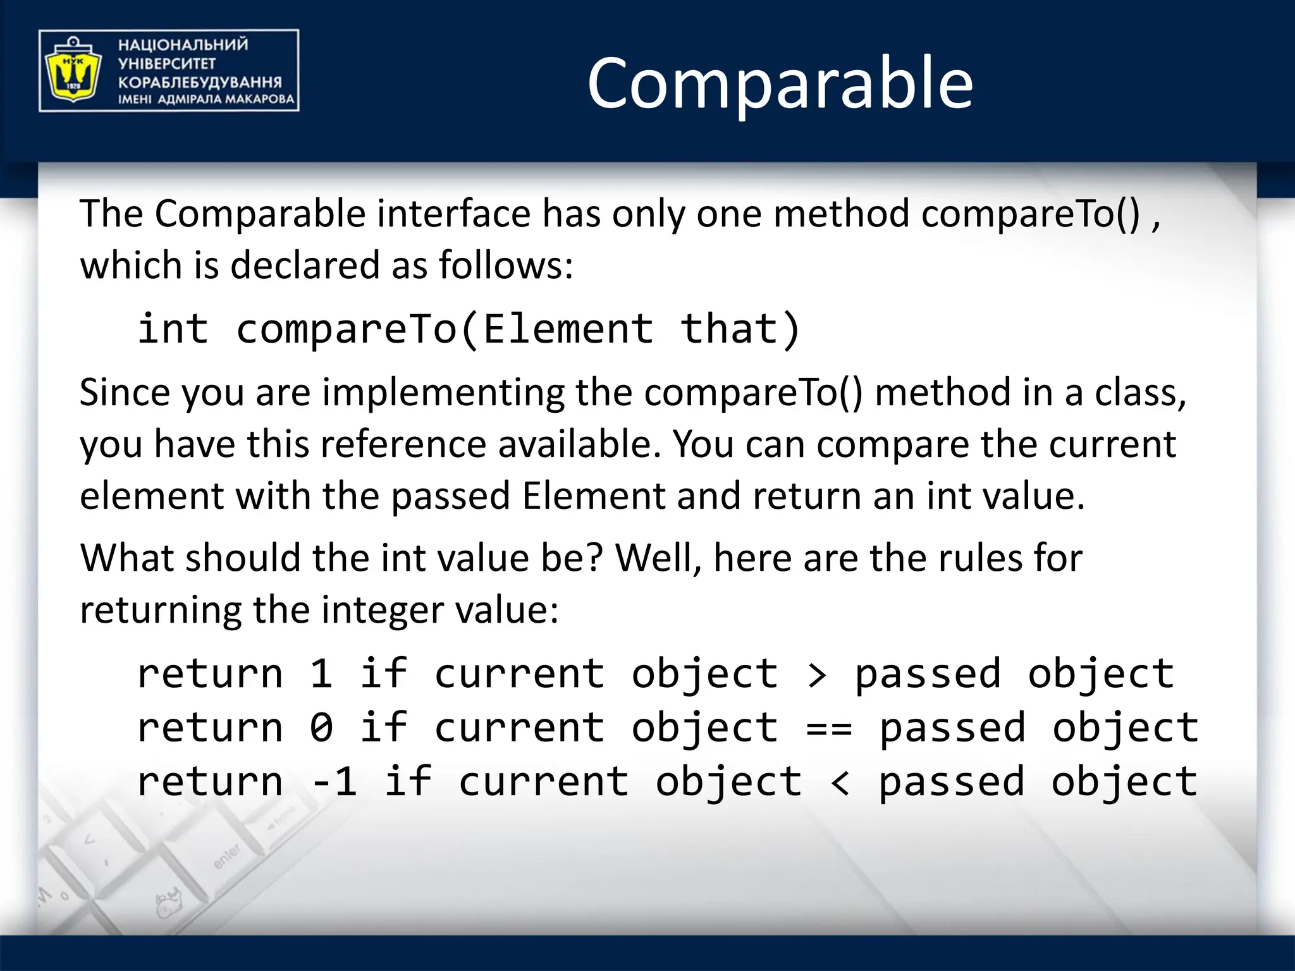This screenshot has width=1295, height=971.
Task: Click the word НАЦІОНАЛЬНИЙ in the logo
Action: [x=183, y=45]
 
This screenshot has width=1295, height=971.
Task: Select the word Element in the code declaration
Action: [x=568, y=329]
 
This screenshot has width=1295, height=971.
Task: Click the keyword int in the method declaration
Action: [x=173, y=329]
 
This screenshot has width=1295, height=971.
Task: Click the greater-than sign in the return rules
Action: [x=817, y=675]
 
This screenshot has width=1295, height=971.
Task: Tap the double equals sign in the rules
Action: [x=829, y=728]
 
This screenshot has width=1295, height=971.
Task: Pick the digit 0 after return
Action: [x=321, y=728]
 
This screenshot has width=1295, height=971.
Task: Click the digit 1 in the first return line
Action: [x=321, y=674]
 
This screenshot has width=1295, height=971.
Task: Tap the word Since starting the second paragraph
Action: [x=125, y=393]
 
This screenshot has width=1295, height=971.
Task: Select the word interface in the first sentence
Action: [x=454, y=214]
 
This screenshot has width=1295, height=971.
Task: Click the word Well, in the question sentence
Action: [x=658, y=558]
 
